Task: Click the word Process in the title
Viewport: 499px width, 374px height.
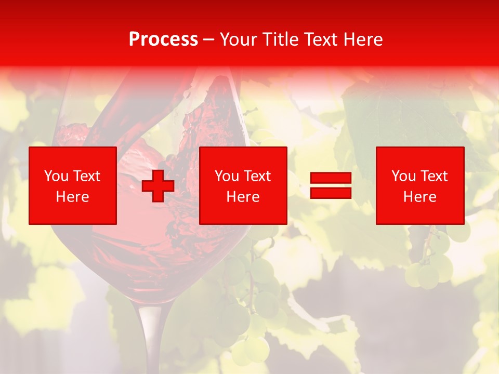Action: [163, 39]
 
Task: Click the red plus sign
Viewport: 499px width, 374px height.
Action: [158, 186]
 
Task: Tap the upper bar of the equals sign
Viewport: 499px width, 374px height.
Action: [331, 178]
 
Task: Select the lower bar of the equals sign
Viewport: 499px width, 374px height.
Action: [331, 193]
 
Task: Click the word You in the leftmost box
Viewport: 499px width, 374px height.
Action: [55, 176]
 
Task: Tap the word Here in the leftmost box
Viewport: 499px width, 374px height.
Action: [73, 197]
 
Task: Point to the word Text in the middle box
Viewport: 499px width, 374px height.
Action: [257, 176]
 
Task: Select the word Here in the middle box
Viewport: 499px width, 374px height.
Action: [243, 197]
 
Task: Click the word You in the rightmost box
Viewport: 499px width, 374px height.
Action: [402, 176]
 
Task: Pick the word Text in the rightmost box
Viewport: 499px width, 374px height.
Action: [434, 176]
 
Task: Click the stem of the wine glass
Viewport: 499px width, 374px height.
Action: [150, 338]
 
